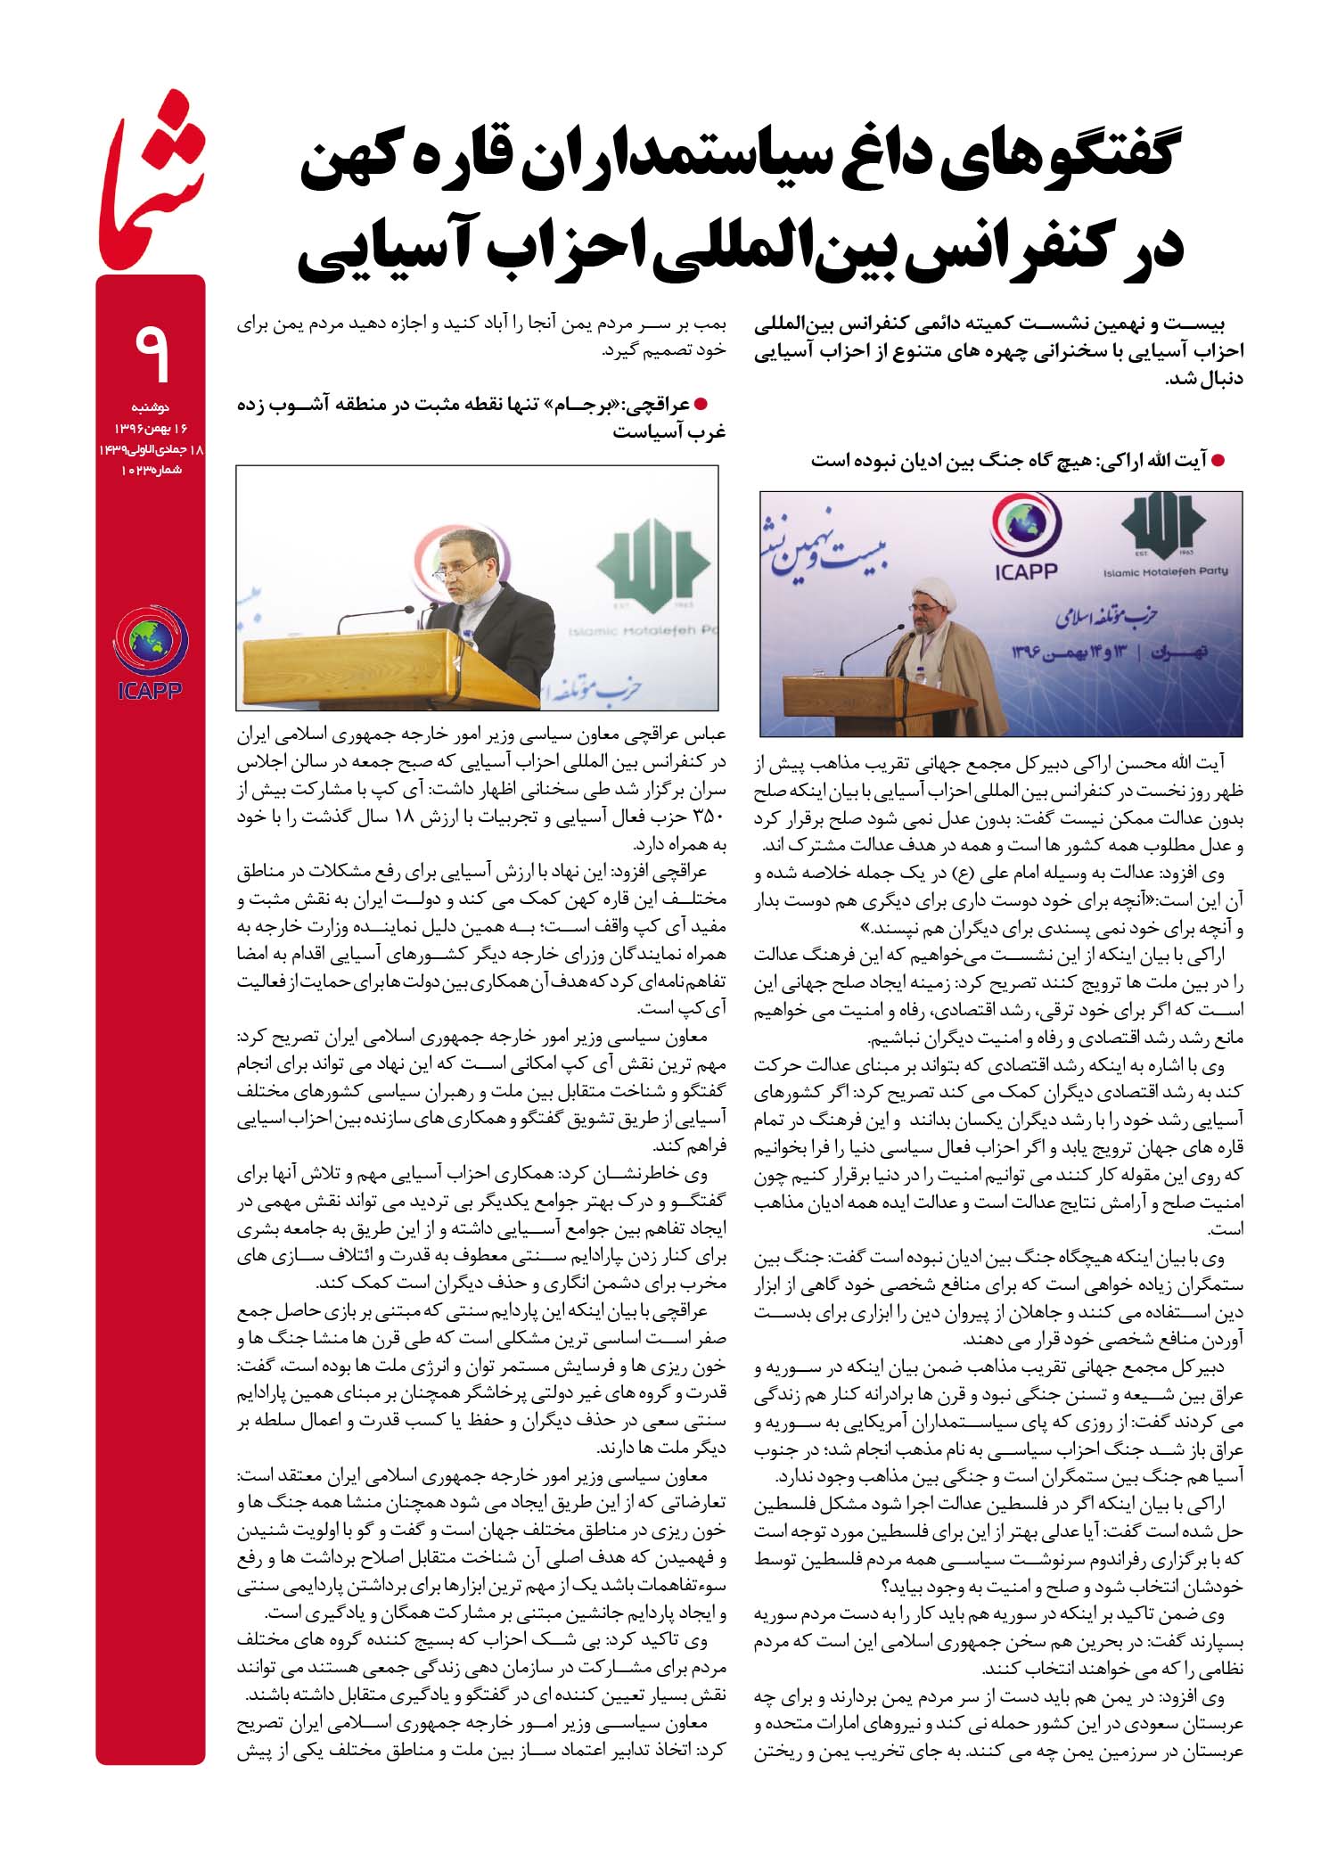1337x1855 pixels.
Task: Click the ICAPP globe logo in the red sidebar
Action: click(x=150, y=642)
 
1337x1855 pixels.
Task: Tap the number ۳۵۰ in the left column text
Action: click(x=710, y=817)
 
